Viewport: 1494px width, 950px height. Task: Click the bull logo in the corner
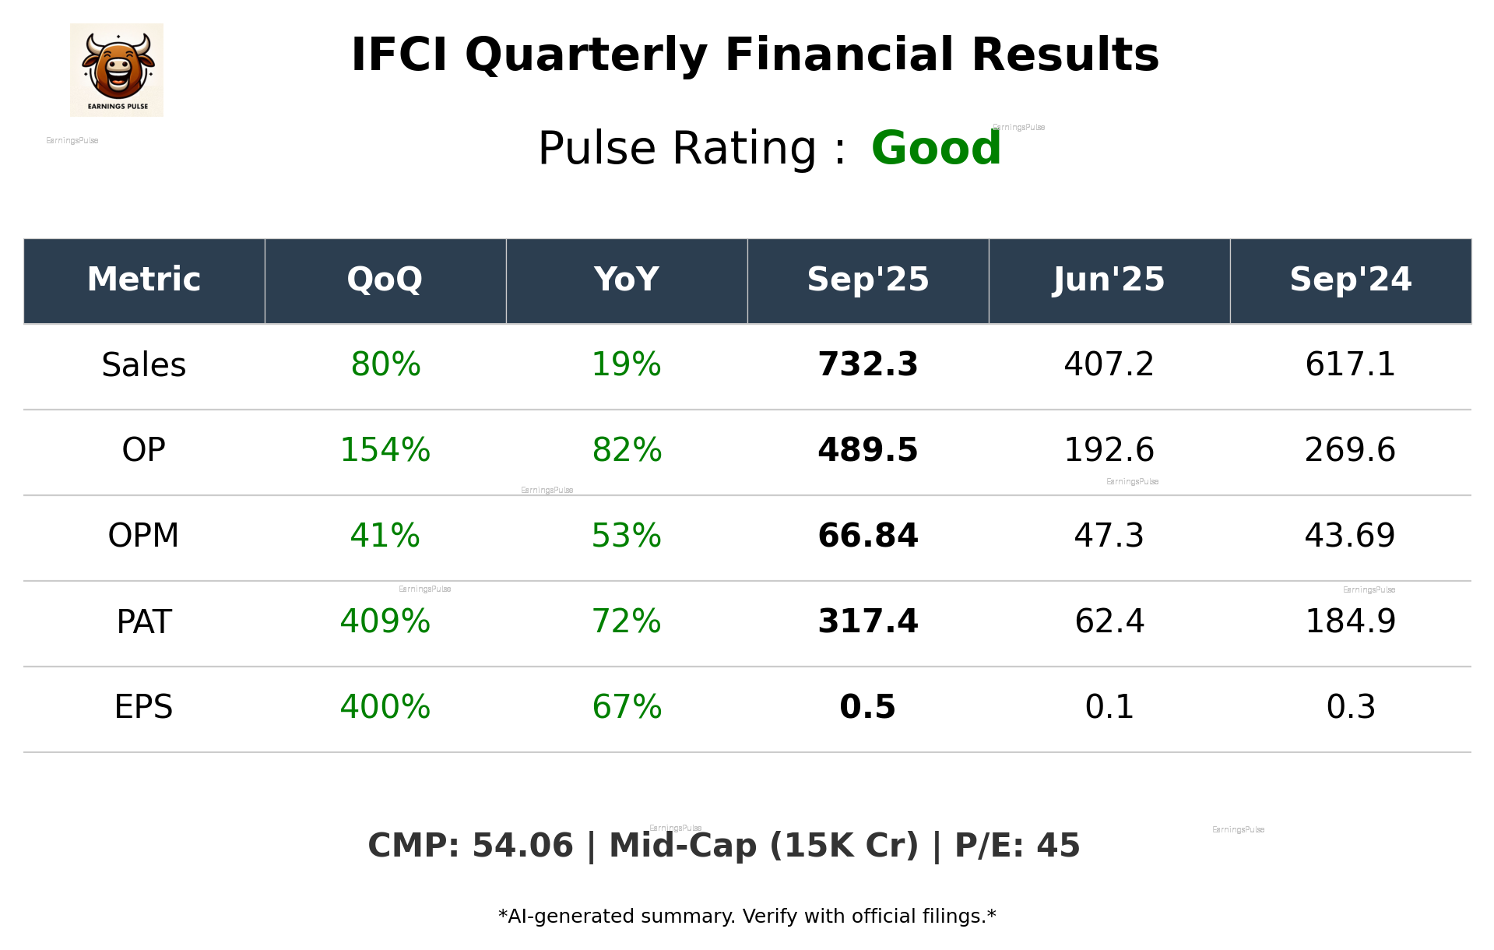tap(117, 70)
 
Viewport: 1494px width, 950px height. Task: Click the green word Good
tap(936, 148)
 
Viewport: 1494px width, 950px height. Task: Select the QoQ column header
tap(385, 280)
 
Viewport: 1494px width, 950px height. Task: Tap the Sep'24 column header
tap(1350, 280)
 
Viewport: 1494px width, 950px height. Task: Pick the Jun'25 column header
tap(1109, 280)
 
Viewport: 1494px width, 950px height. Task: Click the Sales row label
tap(144, 365)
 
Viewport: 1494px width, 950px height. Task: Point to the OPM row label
tap(144, 536)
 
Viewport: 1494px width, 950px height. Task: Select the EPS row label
tap(144, 707)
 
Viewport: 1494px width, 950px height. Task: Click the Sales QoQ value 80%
tap(385, 364)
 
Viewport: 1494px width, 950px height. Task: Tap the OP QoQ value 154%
tap(385, 450)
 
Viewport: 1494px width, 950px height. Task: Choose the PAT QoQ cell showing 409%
tap(385, 621)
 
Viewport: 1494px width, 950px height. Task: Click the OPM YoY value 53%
tap(627, 536)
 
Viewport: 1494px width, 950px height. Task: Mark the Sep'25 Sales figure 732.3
tap(868, 364)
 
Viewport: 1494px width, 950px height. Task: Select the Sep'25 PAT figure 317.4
tap(868, 621)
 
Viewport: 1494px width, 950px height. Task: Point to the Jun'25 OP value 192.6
tap(1109, 450)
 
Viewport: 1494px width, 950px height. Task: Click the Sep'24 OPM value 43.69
tap(1350, 536)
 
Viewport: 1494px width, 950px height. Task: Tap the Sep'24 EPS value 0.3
tap(1350, 707)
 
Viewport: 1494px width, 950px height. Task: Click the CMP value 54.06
tap(522, 846)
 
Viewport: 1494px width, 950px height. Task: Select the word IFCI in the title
tap(399, 55)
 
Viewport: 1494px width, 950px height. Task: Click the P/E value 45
tap(1058, 846)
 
